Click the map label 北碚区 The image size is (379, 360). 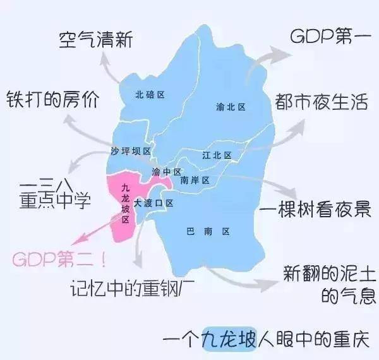tap(150, 95)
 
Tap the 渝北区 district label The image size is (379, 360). tap(230, 107)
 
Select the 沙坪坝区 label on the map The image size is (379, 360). tap(130, 152)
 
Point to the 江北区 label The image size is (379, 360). tap(217, 155)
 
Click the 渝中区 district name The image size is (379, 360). tap(167, 172)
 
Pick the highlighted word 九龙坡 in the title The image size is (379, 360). tap(229, 338)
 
